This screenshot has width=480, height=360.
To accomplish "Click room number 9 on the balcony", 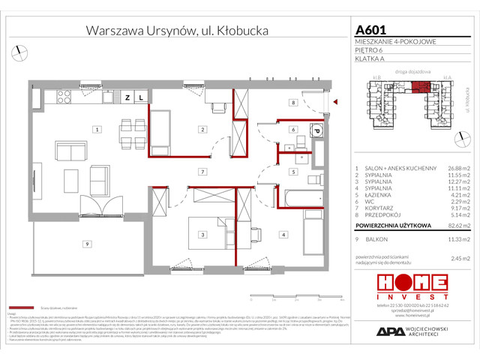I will pos(88,244).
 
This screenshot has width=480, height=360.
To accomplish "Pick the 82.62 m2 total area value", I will pos(450,224).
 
